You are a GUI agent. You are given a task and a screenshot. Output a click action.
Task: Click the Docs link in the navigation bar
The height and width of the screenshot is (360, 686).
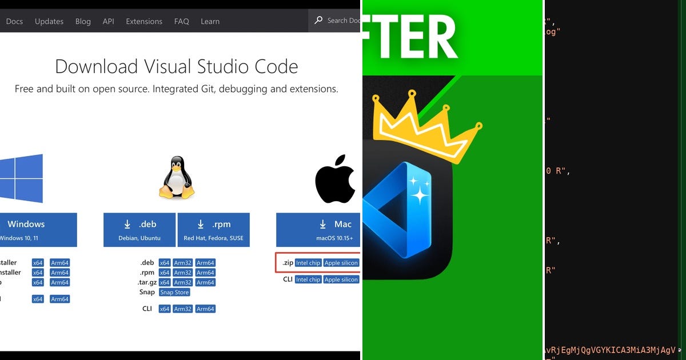click(x=14, y=21)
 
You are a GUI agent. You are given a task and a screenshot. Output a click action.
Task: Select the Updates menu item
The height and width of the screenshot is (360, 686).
click(x=49, y=21)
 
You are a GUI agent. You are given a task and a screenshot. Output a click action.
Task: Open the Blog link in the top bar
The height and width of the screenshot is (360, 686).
click(x=83, y=21)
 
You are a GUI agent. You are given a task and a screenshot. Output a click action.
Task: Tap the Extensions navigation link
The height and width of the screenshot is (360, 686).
click(x=144, y=21)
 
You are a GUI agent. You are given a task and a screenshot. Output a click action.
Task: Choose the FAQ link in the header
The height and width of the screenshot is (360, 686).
click(x=182, y=21)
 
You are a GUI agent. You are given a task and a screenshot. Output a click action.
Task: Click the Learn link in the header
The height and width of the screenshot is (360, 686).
click(x=210, y=21)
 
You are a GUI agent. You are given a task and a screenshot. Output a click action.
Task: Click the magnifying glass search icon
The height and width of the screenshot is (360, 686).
click(x=319, y=20)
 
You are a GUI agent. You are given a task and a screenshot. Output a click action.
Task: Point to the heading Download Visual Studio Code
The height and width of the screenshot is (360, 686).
click(x=177, y=66)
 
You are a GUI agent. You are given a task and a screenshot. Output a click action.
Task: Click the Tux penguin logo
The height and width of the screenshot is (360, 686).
click(x=177, y=178)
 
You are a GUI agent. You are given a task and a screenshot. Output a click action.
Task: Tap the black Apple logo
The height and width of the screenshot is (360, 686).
click(x=335, y=178)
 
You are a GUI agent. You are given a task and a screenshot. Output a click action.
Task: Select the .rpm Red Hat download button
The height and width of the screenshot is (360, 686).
click(x=213, y=230)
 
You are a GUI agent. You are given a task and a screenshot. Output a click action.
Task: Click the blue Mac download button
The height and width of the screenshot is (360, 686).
click(x=318, y=230)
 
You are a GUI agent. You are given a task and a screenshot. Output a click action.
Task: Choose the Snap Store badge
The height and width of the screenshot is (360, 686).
click(x=174, y=293)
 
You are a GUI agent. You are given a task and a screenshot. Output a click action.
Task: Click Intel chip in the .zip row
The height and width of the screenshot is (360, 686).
click(x=308, y=263)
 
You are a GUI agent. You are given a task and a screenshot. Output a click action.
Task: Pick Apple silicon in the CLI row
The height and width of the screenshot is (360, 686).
click(x=341, y=279)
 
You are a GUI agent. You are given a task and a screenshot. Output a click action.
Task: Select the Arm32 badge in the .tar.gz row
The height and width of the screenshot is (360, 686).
click(x=182, y=282)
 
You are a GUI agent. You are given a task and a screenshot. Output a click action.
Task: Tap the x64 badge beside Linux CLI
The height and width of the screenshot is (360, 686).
click(x=165, y=309)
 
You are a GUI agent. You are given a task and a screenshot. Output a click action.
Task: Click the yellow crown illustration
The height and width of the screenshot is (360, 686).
click(x=426, y=129)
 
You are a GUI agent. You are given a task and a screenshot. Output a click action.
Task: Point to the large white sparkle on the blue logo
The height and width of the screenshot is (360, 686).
click(x=420, y=195)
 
